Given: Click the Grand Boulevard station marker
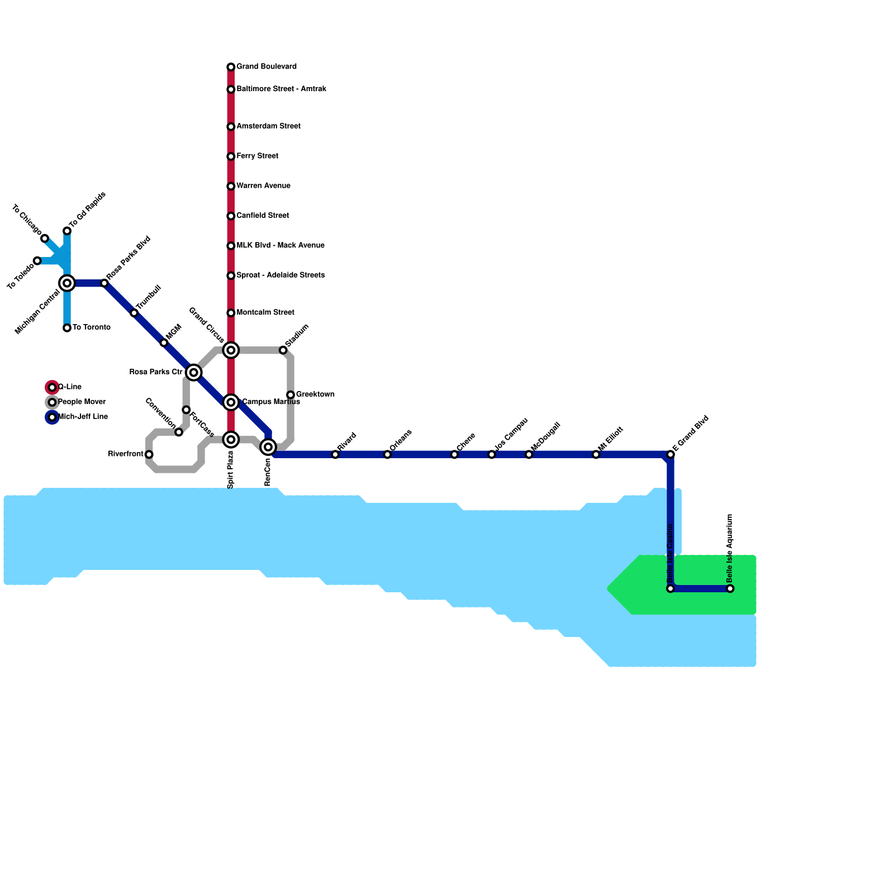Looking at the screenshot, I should point(231,67).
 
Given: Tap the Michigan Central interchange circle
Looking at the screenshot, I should point(67,283).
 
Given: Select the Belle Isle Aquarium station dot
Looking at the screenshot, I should point(730,588).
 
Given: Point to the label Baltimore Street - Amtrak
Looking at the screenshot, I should point(281,89).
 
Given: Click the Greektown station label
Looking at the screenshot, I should point(315,394).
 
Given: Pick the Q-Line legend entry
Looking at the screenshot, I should point(52,387).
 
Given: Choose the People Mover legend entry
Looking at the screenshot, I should point(52,402).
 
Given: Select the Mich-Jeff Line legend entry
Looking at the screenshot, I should point(52,417).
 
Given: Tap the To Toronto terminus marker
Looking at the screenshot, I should point(67,328).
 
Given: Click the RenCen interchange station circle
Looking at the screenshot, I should point(268,447).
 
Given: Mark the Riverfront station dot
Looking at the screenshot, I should point(149,454).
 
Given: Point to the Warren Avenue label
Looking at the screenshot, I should point(263,186).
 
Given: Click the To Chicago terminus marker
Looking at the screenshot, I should point(45,239).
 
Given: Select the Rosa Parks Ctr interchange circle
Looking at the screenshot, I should point(194,372).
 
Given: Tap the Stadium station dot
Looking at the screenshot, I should point(283,350).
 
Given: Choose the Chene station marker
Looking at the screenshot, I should point(454,454).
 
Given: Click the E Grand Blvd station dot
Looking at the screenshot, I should point(670,454).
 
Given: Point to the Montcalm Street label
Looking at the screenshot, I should point(265,313).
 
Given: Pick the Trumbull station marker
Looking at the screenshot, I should point(134,313).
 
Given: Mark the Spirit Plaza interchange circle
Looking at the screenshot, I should point(231,440).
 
